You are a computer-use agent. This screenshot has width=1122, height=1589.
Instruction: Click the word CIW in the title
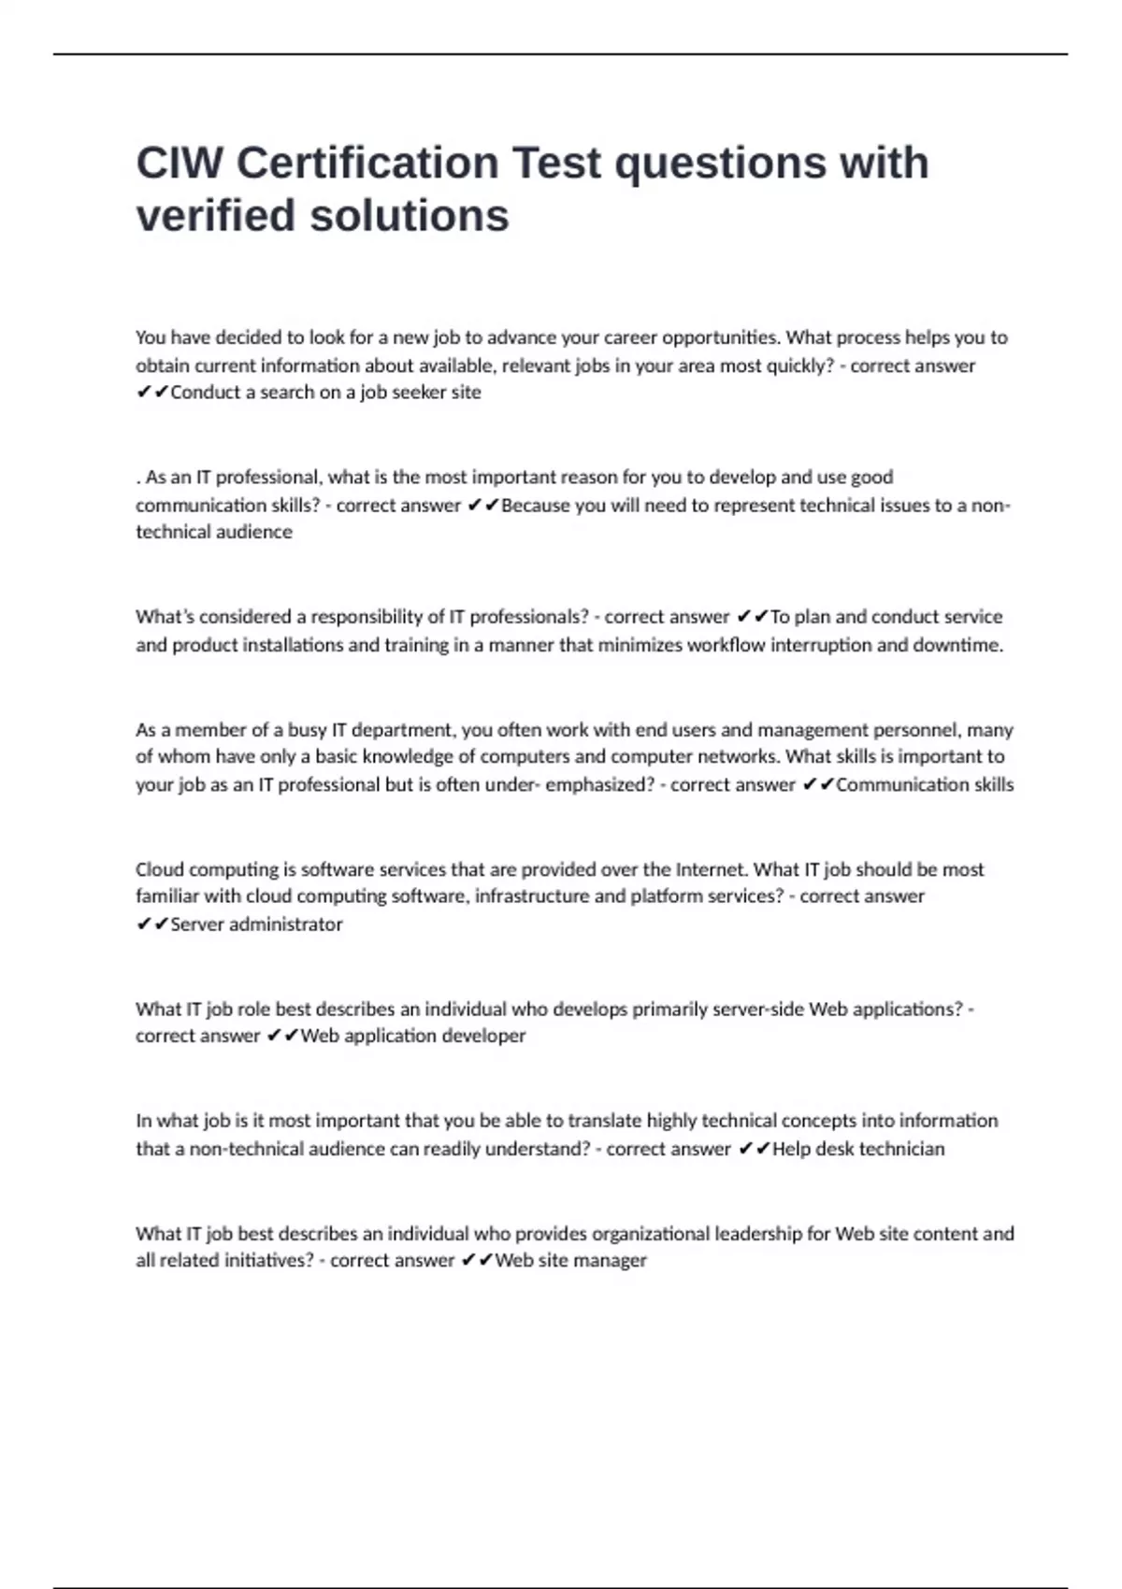click(179, 164)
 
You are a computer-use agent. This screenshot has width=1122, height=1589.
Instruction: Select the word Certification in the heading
click(367, 164)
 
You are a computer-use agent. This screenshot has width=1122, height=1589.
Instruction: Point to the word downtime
click(958, 645)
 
